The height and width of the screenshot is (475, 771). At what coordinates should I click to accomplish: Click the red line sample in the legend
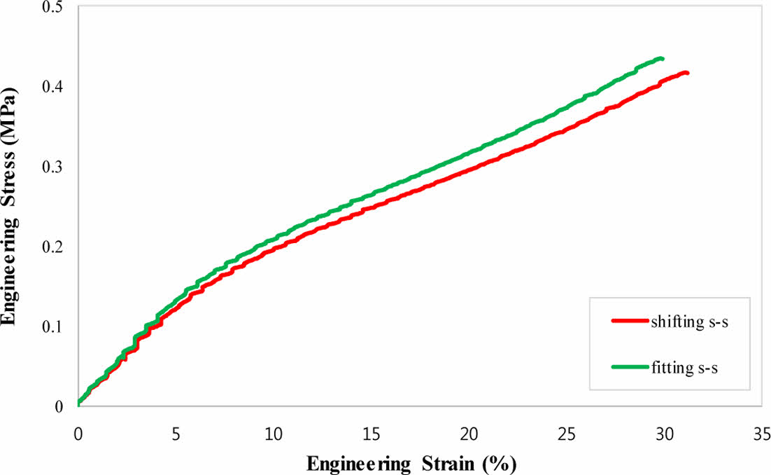(x=629, y=322)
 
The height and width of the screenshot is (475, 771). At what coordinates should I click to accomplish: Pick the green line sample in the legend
(x=629, y=366)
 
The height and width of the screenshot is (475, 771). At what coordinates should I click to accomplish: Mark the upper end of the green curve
(x=661, y=59)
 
